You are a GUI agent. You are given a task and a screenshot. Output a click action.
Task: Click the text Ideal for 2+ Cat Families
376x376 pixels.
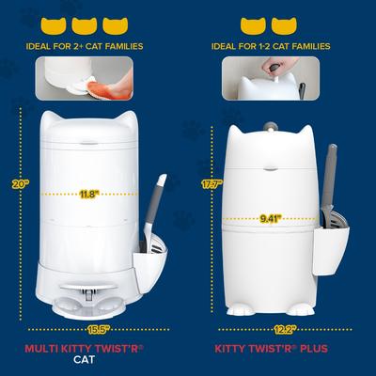coord(91,47)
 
